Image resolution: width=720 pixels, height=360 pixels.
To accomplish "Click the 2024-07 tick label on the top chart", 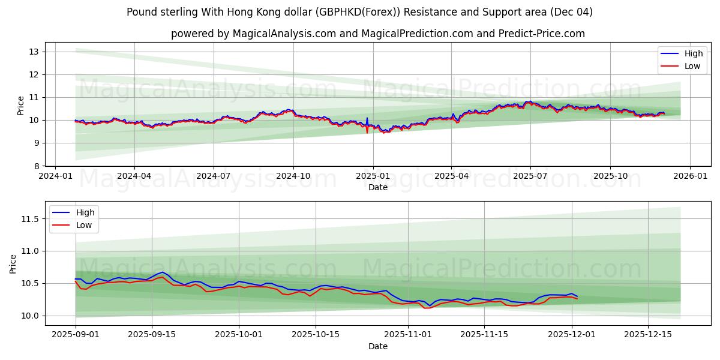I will coord(214,176).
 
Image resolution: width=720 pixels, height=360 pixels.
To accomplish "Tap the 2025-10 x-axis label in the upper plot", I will coord(610,176).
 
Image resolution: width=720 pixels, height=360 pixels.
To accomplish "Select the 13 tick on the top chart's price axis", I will coord(34,52).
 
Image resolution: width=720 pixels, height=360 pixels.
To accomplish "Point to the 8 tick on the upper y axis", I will coord(37,166).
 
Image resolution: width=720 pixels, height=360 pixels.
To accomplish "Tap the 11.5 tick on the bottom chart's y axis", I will coord(29,219).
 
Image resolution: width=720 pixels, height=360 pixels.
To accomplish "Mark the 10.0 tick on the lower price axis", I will coord(29,316).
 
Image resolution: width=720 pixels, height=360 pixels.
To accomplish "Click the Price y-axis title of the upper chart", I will coord(21,106).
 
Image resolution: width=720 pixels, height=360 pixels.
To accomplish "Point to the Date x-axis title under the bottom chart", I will coord(378,346).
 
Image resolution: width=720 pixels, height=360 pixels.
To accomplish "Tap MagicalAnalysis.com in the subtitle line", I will coord(285,34).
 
